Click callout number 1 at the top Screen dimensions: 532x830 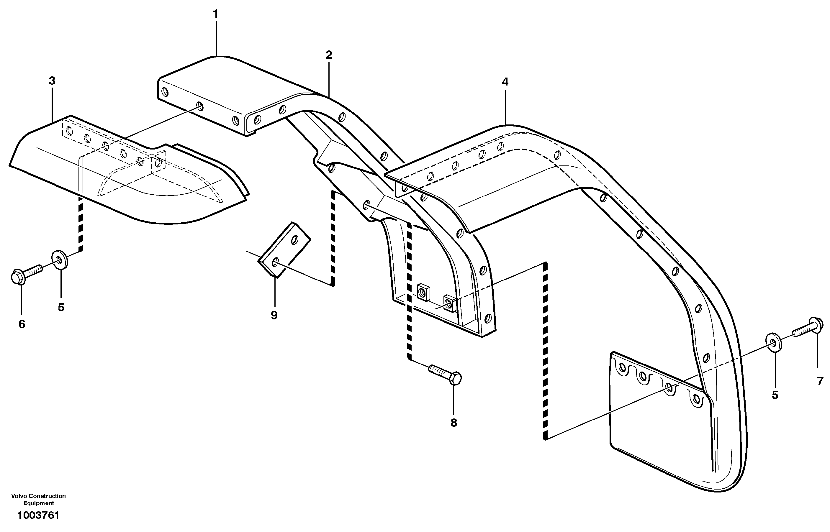tap(216, 14)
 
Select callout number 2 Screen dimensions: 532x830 tap(329, 55)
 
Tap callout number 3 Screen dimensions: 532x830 tap(52, 81)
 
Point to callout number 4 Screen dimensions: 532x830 tap(505, 82)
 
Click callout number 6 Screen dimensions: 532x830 tap(22, 324)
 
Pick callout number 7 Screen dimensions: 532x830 tap(820, 381)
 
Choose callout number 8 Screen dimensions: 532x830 tap(454, 423)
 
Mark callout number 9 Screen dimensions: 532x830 tap(274, 315)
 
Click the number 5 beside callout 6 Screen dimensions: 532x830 tap(61, 307)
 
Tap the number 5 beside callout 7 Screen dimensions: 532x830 tap(775, 395)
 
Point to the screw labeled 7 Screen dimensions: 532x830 tap(808, 328)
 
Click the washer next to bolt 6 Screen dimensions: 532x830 tap(60, 260)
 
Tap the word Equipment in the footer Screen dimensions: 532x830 tap(38, 504)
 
